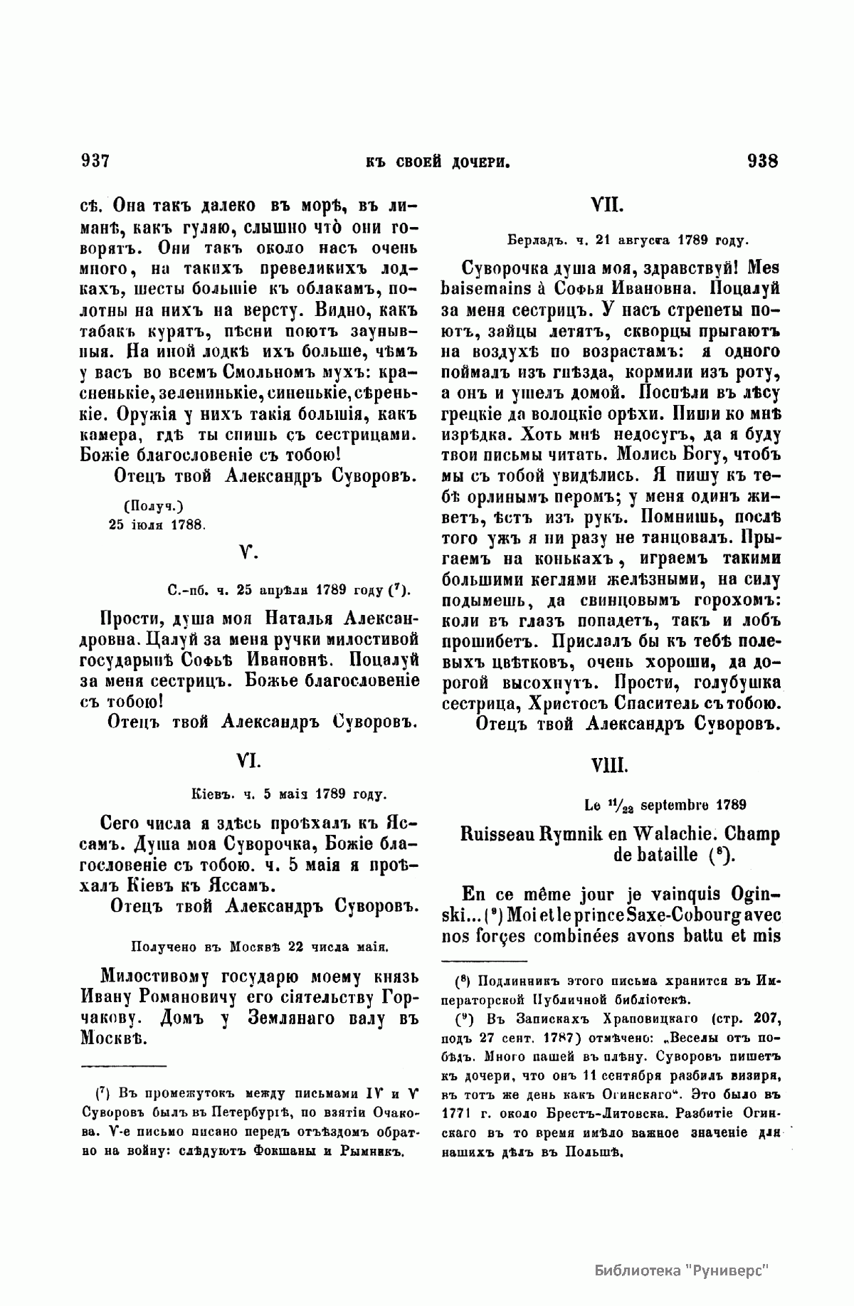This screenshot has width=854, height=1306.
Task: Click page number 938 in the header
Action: pos(763,161)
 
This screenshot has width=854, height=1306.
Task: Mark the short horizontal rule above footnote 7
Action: pos(124,1066)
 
